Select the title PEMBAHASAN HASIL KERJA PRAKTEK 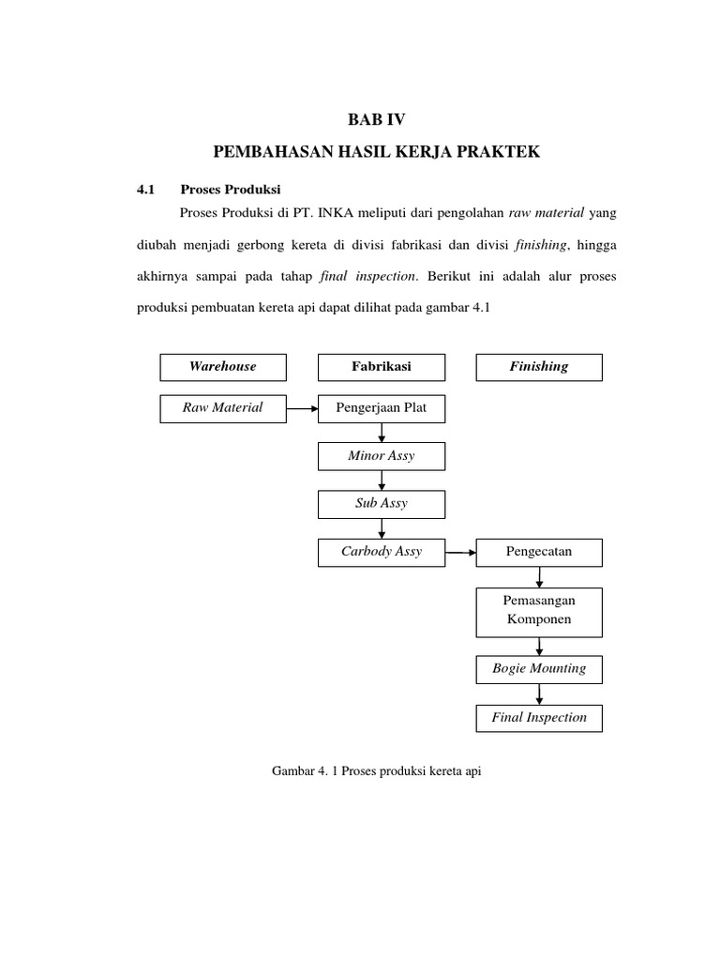pos(378,151)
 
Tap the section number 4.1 pos(145,189)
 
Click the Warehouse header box pos(223,367)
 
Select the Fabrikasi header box pos(382,367)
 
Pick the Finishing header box pos(539,367)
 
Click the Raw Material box pos(223,408)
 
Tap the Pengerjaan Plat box pos(382,408)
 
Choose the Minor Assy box pos(382,456)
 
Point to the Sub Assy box pos(382,504)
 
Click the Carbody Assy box pos(382,552)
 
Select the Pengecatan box pos(539,552)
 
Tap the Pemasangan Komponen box pos(539,611)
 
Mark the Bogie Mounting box pos(539,669)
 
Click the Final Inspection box pos(539,718)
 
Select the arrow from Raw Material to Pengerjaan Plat pos(303,409)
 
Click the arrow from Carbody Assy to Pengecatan pos(460,553)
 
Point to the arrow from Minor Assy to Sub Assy pos(382,480)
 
